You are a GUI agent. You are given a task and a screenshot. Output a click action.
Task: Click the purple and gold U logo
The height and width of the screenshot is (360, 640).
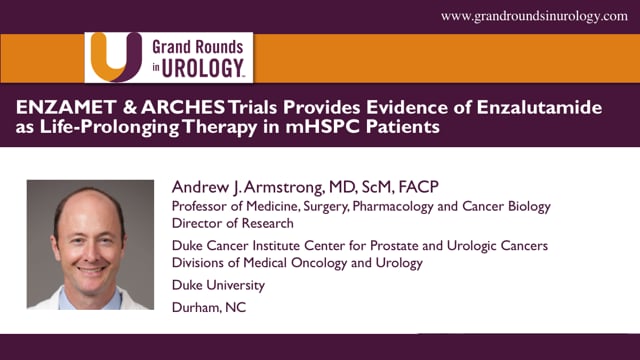(x=111, y=57)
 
